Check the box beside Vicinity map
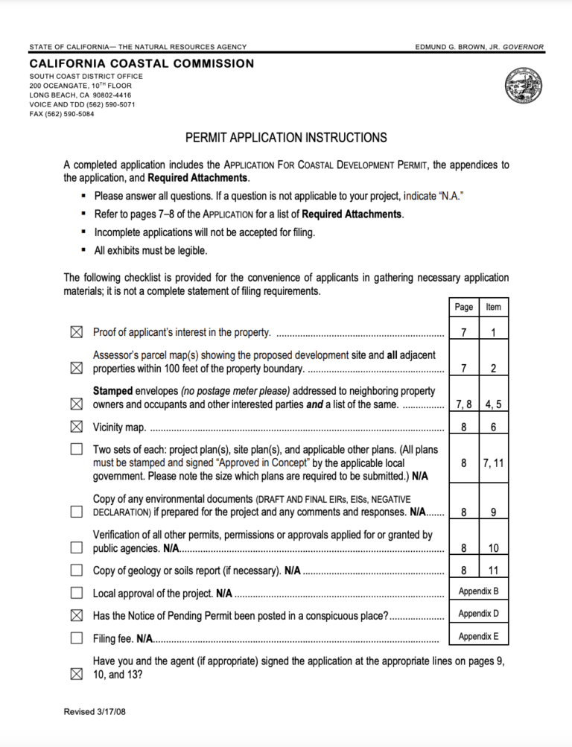(77, 427)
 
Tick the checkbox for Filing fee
(77, 638)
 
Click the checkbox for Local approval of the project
(77, 594)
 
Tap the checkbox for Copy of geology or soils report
(77, 571)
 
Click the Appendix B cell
(479, 591)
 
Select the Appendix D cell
(479, 614)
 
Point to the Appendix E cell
(479, 637)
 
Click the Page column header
(464, 307)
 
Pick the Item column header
(493, 307)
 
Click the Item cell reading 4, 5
(493, 404)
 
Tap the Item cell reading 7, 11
(493, 462)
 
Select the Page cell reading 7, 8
(464, 404)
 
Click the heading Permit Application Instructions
(286, 138)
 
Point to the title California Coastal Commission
(142, 64)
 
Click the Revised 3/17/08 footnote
(95, 711)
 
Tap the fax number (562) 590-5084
(71, 115)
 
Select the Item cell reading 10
(493, 548)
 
